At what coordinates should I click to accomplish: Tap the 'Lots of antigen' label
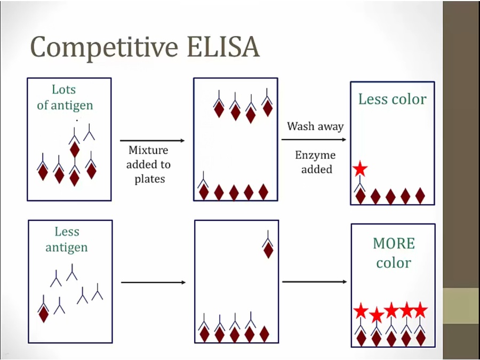[x=65, y=98]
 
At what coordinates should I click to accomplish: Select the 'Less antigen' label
[x=67, y=239]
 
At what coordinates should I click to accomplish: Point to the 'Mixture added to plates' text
[x=149, y=165]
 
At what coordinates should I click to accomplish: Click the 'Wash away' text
[x=315, y=126]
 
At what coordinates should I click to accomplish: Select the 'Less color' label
[x=392, y=99]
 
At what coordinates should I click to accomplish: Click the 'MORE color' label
[x=394, y=253]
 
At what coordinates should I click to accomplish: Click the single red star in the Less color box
[x=360, y=170]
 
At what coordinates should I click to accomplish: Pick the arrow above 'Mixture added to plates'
[x=153, y=141]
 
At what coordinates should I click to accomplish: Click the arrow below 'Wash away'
[x=314, y=140]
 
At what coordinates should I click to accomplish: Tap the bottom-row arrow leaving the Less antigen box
[x=153, y=282]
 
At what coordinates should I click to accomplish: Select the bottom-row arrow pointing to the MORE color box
[x=314, y=282]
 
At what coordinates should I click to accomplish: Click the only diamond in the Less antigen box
[x=44, y=314]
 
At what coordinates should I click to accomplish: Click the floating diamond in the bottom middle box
[x=268, y=250]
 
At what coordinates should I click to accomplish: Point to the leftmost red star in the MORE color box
[x=361, y=310]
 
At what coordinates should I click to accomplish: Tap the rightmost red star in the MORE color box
[x=420, y=309]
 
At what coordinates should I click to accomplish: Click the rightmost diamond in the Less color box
[x=420, y=196]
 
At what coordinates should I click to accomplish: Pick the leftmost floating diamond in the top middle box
[x=219, y=109]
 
